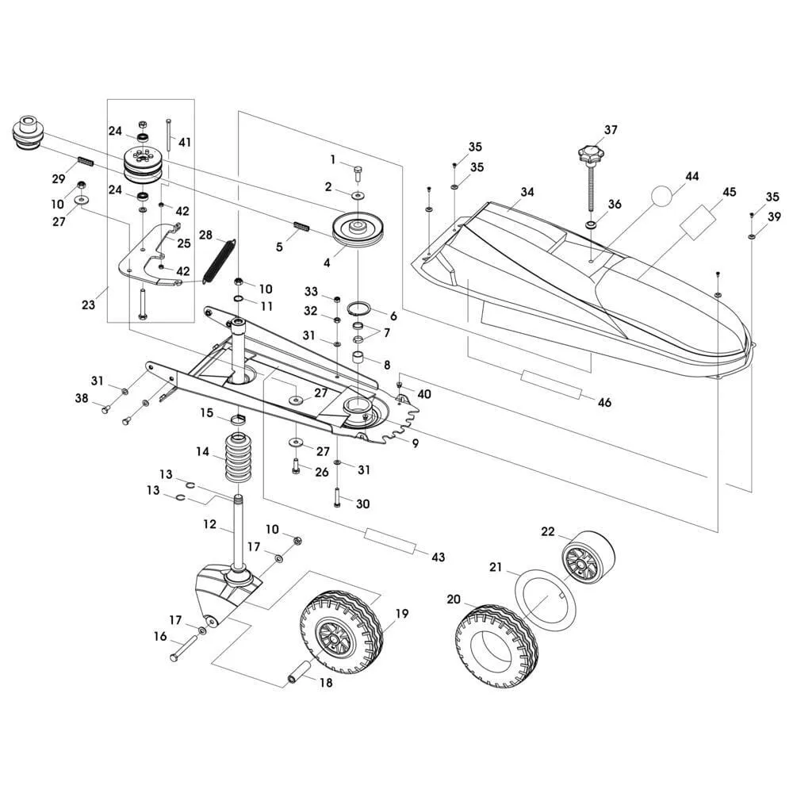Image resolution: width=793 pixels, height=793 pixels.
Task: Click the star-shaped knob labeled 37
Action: (x=588, y=151)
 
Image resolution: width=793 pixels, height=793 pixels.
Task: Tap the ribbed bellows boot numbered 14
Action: (x=237, y=458)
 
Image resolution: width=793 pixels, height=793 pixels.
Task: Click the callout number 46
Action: (x=604, y=403)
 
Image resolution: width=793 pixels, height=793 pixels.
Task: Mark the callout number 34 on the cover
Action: (x=527, y=193)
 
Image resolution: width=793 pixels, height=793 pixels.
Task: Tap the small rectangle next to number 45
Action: (x=699, y=220)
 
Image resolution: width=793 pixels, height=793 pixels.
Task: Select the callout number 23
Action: (x=89, y=304)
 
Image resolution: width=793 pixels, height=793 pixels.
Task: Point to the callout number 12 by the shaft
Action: (x=209, y=524)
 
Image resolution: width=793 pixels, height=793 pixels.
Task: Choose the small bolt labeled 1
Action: (x=356, y=169)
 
